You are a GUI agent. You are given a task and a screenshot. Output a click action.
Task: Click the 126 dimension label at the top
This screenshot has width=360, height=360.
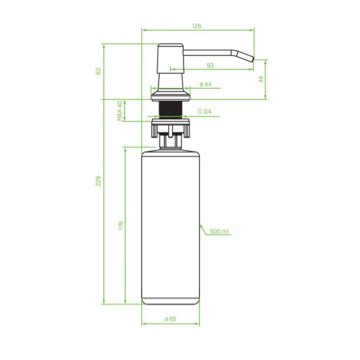coord(197,26)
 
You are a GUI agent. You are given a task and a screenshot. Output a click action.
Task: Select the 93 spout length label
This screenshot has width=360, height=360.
coord(210,65)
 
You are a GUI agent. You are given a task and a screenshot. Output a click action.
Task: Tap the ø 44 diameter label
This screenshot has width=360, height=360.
coord(206,84)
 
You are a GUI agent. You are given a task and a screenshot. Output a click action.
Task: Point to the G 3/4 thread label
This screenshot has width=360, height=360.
coord(205,112)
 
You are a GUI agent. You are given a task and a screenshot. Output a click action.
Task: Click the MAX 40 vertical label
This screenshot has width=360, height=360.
coord(120,111)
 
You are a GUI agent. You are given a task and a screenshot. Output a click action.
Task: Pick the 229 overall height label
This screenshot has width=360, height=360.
coord(98,181)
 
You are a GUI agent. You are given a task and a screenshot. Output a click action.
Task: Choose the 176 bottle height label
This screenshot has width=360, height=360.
coord(121,226)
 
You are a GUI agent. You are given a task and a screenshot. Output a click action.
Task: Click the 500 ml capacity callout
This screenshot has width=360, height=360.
coord(219,231)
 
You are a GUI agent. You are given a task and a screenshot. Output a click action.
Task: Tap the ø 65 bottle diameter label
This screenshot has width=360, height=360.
coord(171,319)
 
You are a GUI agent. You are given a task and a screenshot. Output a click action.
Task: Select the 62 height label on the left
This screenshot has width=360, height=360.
coord(98,71)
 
